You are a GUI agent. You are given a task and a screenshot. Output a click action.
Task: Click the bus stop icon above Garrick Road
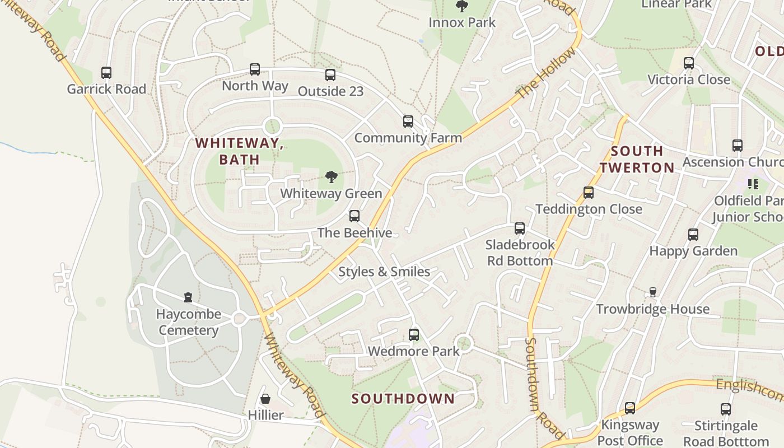coord(106,73)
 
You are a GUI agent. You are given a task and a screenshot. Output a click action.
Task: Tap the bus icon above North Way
coord(255,69)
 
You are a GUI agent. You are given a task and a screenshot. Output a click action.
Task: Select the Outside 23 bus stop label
coord(330,91)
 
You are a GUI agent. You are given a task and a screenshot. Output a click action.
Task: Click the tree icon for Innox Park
coord(462,7)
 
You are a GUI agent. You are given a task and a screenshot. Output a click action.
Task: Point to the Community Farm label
coord(408,138)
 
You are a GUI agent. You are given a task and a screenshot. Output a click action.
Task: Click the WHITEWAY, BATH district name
coord(240,151)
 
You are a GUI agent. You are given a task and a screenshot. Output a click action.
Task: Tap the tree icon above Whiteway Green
coord(332,178)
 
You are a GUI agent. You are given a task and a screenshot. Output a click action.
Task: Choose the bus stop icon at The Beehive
coord(354,216)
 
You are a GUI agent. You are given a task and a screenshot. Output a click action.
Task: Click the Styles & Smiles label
coord(384,272)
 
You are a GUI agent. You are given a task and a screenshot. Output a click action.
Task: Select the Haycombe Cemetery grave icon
coord(188,297)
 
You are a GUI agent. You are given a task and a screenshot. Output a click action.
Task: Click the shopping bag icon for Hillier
coord(265,399)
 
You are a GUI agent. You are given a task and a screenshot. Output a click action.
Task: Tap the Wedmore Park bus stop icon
coord(414,335)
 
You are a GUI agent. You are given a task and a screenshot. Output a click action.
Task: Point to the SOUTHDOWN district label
coord(403,399)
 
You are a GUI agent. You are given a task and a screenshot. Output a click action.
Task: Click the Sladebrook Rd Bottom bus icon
coord(520,228)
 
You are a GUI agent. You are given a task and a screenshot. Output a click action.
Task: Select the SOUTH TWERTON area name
coord(637,160)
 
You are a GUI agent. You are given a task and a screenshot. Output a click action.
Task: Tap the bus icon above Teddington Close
coord(589,193)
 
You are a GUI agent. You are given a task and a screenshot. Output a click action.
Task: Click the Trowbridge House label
coord(652,309)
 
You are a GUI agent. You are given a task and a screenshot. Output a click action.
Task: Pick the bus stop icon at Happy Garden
coord(693,235)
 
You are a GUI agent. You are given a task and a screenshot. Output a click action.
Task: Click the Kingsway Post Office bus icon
coord(630,408)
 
